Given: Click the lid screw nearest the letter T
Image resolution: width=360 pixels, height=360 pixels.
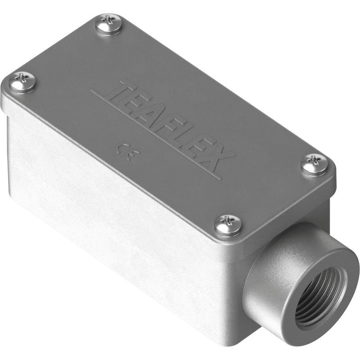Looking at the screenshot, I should coord(108,24).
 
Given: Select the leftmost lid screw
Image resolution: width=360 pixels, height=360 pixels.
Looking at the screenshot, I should coord(23,82).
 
